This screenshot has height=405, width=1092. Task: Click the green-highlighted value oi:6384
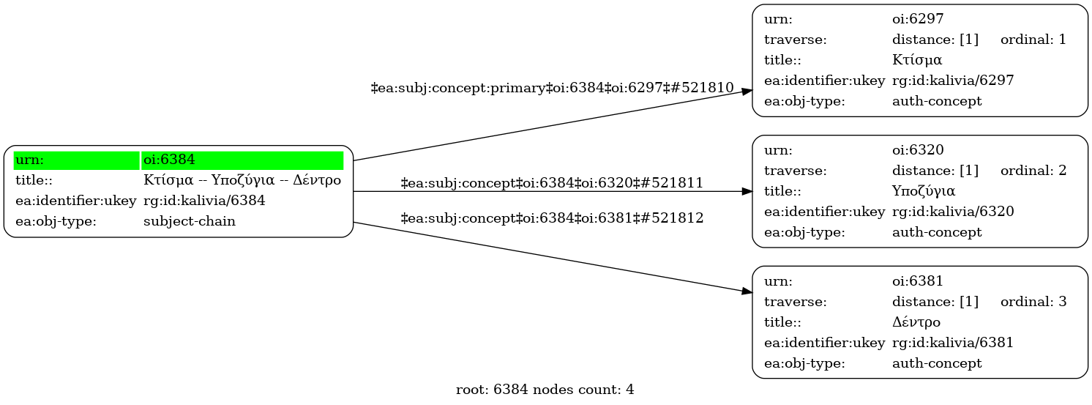[x=168, y=160]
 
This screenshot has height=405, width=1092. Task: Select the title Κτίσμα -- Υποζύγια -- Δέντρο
[x=242, y=180]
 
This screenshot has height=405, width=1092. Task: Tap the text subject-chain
[x=189, y=221]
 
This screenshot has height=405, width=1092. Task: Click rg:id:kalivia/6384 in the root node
[x=203, y=201]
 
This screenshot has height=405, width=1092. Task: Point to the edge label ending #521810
[x=553, y=88]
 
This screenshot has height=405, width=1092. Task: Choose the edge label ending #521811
[x=553, y=183]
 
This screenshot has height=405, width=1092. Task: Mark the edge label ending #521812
[x=553, y=218]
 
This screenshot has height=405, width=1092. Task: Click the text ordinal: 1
[x=1033, y=40]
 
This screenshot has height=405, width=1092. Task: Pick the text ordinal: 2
[x=1033, y=171]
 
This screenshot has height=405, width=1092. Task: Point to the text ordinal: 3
[x=1033, y=301]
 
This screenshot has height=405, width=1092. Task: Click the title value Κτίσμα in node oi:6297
[x=916, y=60]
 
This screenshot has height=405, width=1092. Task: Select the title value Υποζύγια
[x=924, y=191]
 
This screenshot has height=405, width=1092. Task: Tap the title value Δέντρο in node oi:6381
[x=916, y=322]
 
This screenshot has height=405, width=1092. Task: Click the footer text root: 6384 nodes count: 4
[x=545, y=390]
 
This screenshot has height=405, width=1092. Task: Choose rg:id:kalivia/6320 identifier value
[x=953, y=212]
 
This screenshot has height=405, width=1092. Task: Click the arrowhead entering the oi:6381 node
[x=747, y=291]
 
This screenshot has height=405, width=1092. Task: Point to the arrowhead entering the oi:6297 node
[x=747, y=92]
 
